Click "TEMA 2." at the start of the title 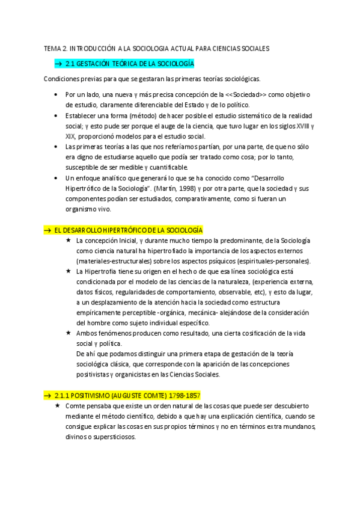coord(56,48)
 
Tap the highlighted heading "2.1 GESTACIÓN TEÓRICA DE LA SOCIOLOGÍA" coord(129,63)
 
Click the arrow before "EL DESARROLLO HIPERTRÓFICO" coord(47,230)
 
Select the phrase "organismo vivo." coord(89,209)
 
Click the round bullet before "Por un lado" coord(55,94)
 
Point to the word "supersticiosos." coord(114,437)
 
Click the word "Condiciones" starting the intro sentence coord(63,79)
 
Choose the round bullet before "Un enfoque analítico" coord(55,178)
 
